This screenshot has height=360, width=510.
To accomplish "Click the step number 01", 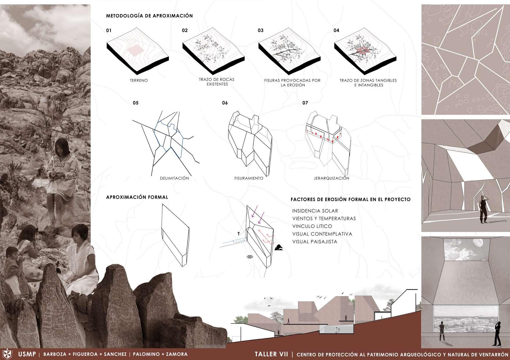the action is [x=109, y=31].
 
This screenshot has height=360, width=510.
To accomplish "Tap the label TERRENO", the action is [x=139, y=80].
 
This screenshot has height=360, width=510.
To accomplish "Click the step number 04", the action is [x=336, y=31].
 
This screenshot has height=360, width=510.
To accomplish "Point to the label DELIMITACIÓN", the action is [x=174, y=178].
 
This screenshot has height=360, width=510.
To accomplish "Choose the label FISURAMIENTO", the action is [x=249, y=178].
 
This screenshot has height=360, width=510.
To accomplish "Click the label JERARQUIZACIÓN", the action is [x=331, y=178].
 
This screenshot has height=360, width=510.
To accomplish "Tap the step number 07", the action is [x=305, y=103].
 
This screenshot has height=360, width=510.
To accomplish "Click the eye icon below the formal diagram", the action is [x=249, y=257].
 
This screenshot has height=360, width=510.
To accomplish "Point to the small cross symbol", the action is [x=239, y=234].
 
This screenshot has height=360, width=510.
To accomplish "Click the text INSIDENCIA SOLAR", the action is [x=315, y=211].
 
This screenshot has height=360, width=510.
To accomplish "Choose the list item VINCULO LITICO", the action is [x=312, y=226].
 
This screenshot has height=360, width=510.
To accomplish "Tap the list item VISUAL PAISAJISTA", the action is [x=315, y=242].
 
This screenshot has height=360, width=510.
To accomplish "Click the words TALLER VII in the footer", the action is [x=271, y=354].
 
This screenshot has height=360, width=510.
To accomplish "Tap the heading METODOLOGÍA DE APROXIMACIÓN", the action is [x=149, y=16].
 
